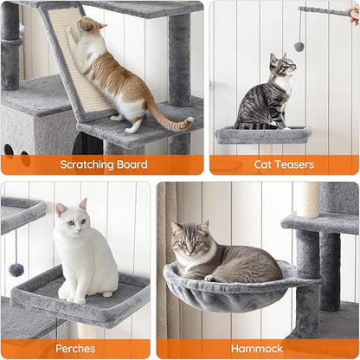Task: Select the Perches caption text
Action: click(75, 349)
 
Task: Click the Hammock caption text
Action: click(257, 349)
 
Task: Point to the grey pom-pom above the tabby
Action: click(299, 47)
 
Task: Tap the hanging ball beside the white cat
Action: click(16, 270)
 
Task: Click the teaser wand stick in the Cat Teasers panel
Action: click(325, 11)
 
